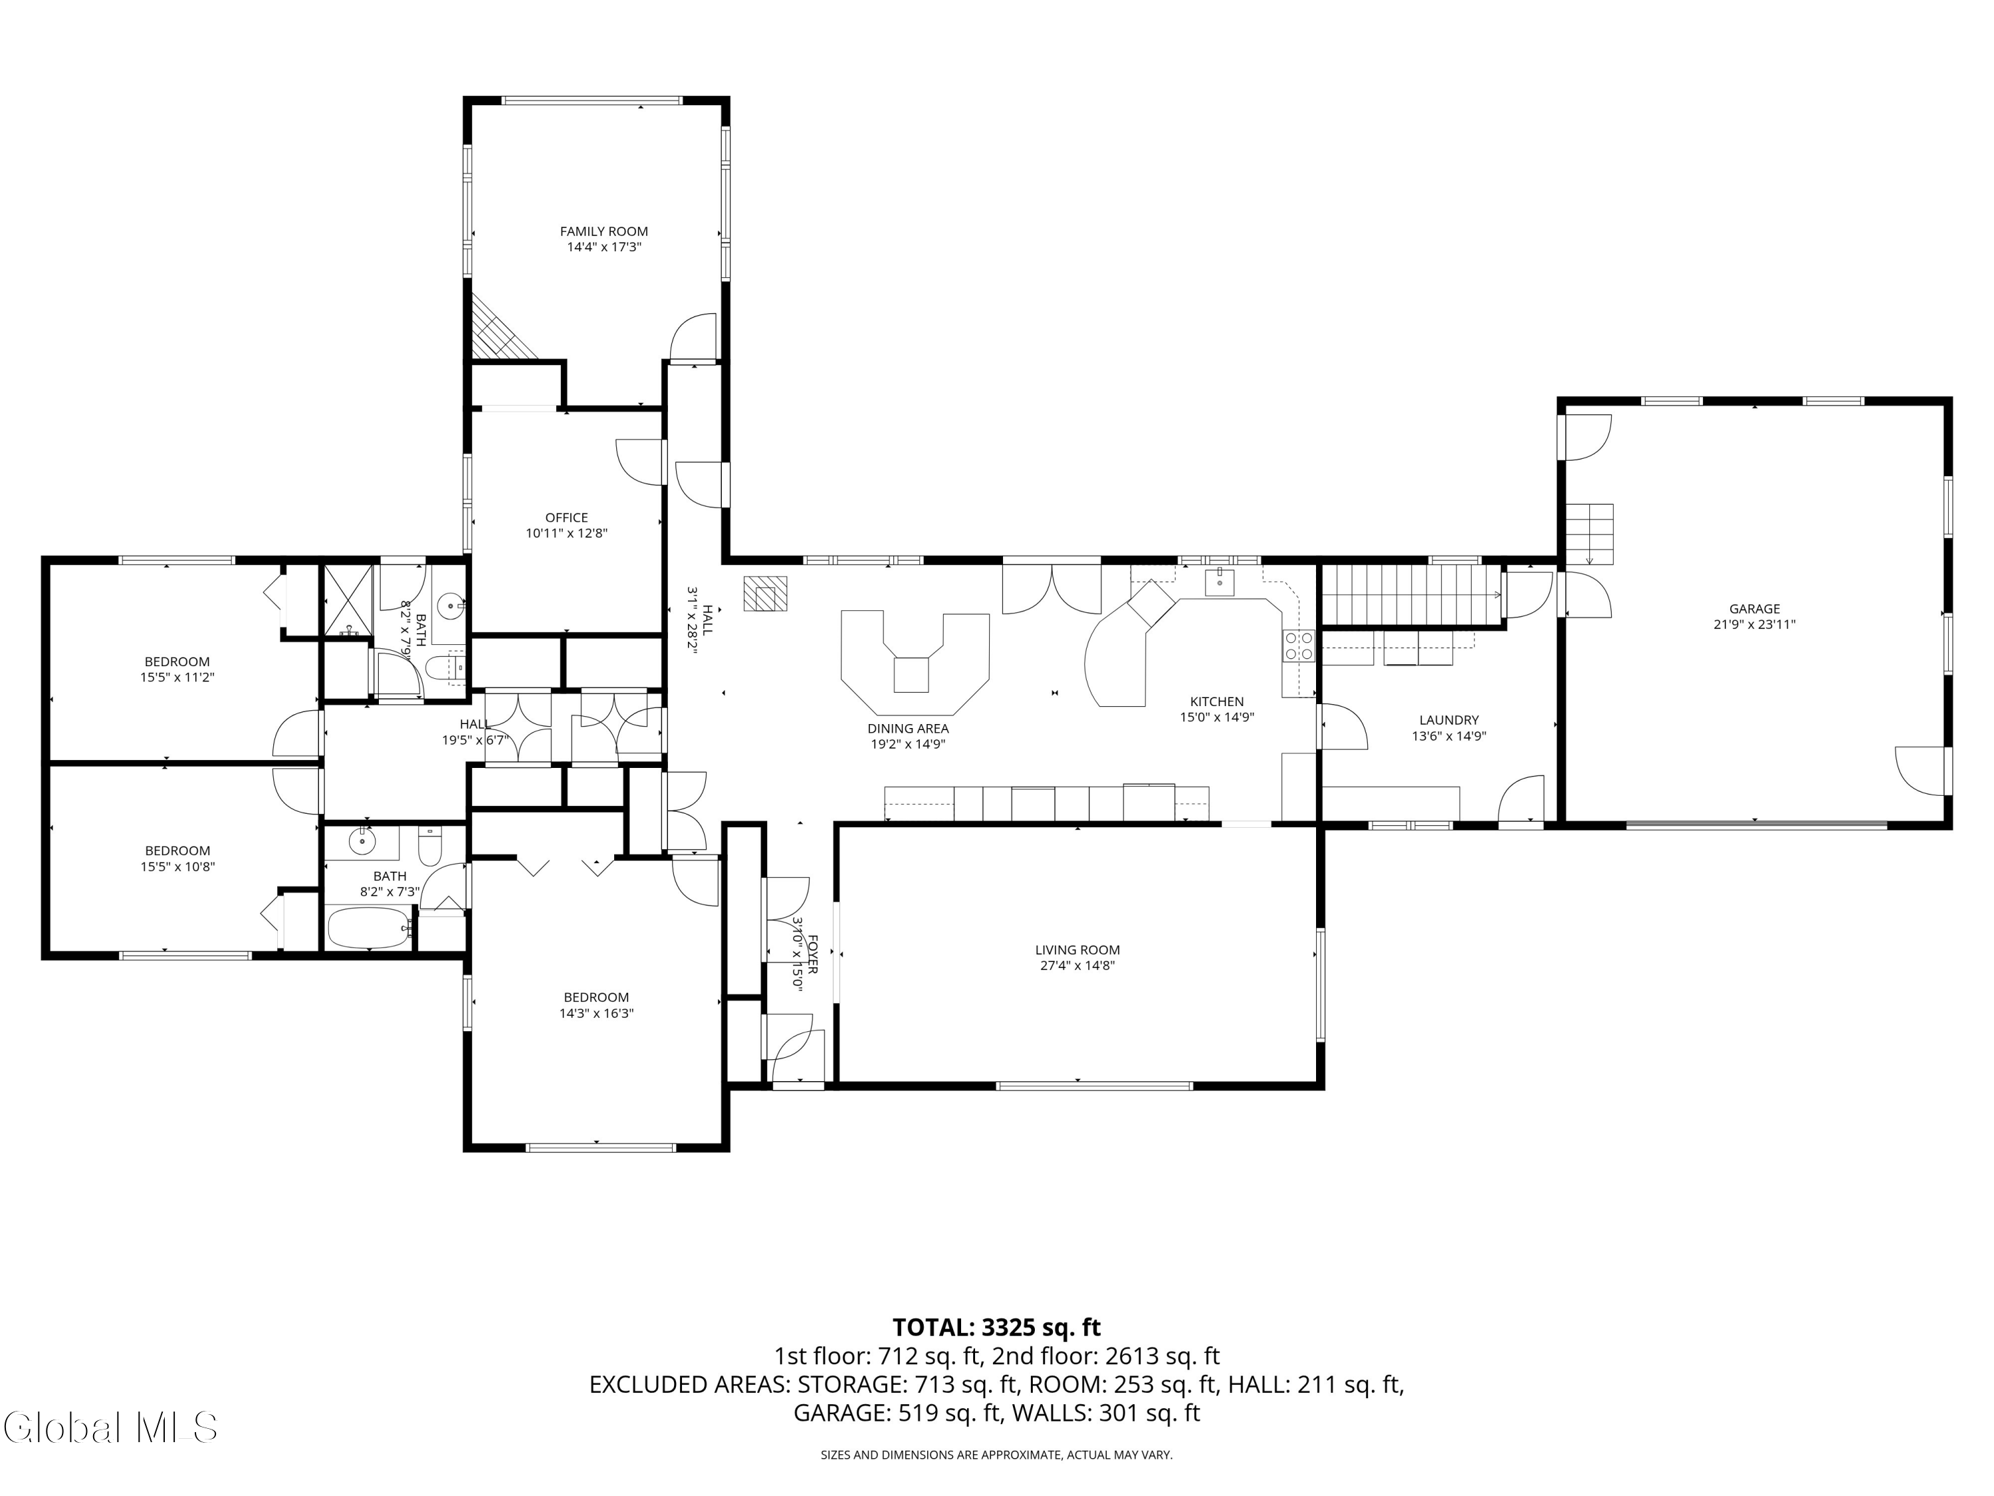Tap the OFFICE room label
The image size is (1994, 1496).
566,517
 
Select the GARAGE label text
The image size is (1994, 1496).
1754,608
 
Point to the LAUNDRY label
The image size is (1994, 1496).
1448,719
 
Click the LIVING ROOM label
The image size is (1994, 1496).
1077,949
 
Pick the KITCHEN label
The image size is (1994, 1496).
1217,701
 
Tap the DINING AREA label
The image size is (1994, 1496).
908,729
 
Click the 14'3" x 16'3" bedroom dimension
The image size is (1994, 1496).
596,1013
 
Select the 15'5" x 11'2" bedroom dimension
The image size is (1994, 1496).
177,678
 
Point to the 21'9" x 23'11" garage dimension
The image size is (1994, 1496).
1754,624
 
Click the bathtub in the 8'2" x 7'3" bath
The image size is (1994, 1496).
368,928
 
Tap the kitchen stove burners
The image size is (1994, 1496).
1298,646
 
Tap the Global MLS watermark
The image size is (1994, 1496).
110,1428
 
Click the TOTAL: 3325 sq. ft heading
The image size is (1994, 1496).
996,1327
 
